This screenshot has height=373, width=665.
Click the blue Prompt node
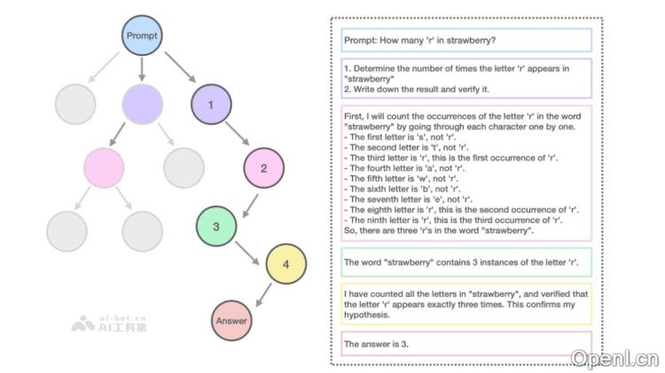(142, 35)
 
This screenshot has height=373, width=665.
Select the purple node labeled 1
(210, 105)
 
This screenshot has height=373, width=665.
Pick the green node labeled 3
(215, 225)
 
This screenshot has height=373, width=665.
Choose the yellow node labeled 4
(286, 263)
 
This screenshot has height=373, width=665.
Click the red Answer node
(232, 320)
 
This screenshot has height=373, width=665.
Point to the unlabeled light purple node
(142, 105)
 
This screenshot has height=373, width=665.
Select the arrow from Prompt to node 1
(181, 67)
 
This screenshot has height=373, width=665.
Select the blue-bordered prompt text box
(466, 41)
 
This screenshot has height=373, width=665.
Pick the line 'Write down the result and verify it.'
(417, 89)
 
